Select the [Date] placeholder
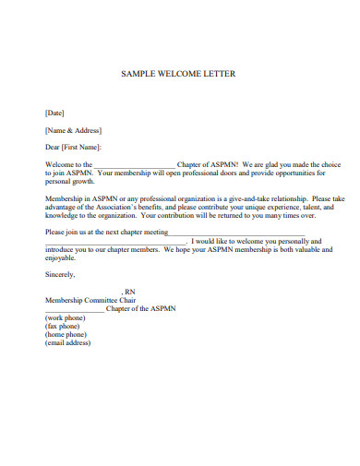pos(55,113)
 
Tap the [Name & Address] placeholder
pos(73,130)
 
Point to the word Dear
pos(53,147)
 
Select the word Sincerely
pos(60,274)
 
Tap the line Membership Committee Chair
pos(90,300)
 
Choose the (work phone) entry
pos(66,317)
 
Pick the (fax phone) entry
pos(64,326)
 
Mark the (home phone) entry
pos(66,334)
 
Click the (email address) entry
pos(68,342)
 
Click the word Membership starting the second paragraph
pos(64,198)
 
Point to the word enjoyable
pos(61,257)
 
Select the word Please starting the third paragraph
pos(55,232)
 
